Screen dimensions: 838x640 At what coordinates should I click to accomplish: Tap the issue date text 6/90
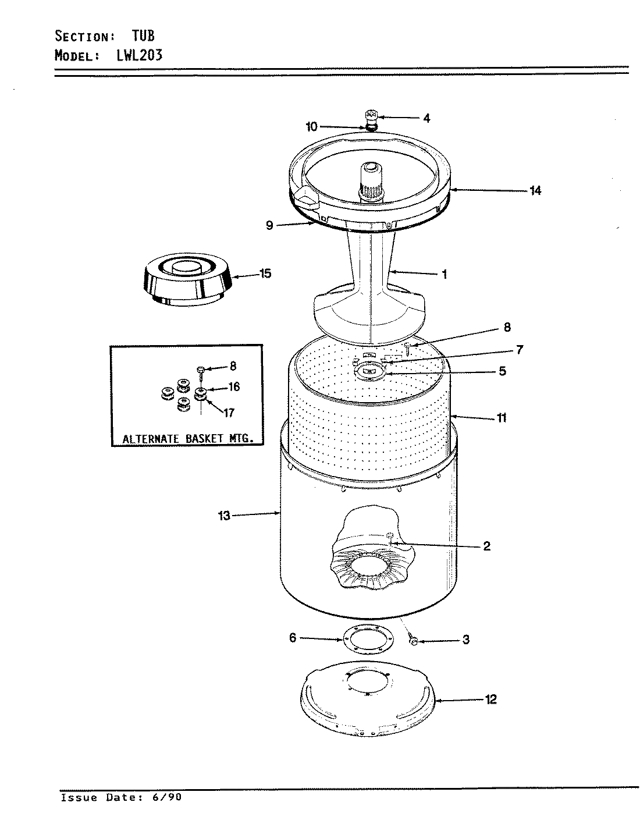[x=168, y=797]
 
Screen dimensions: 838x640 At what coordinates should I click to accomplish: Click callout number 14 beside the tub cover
[x=535, y=190]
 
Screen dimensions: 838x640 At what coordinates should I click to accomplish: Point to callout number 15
[x=265, y=273]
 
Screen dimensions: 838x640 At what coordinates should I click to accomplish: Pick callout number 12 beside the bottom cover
[x=490, y=699]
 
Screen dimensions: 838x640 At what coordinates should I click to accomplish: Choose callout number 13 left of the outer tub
[x=224, y=515]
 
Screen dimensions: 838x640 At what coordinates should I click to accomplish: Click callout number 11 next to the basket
[x=501, y=417]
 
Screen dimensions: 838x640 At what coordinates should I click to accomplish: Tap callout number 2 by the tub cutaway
[x=486, y=546]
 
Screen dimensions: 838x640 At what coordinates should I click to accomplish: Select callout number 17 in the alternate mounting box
[x=228, y=413]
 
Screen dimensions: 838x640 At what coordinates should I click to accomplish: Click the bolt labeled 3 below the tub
[x=414, y=641]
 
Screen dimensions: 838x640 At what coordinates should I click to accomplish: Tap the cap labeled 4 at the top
[x=371, y=115]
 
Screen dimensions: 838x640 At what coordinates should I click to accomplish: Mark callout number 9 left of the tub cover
[x=269, y=225]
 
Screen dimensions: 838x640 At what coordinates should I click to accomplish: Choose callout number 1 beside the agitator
[x=444, y=274]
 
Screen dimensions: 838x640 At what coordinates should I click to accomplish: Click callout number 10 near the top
[x=312, y=126]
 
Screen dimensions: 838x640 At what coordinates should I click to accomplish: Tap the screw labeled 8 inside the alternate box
[x=201, y=371]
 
